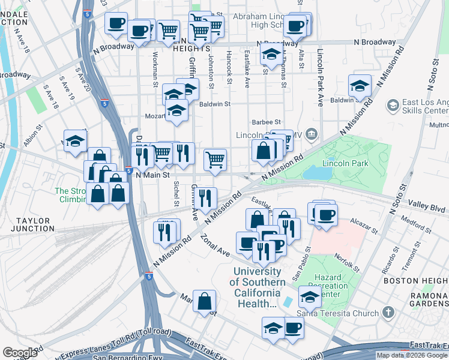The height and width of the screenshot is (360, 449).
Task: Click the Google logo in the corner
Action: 20,352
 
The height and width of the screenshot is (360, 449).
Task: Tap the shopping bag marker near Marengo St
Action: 205,301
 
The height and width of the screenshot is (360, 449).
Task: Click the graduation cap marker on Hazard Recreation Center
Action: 310,296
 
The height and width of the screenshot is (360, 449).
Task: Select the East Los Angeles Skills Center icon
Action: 393,106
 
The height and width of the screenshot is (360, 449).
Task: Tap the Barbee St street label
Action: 267,122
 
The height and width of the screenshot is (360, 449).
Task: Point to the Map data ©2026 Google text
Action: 412,355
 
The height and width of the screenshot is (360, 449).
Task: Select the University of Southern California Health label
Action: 256,287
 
